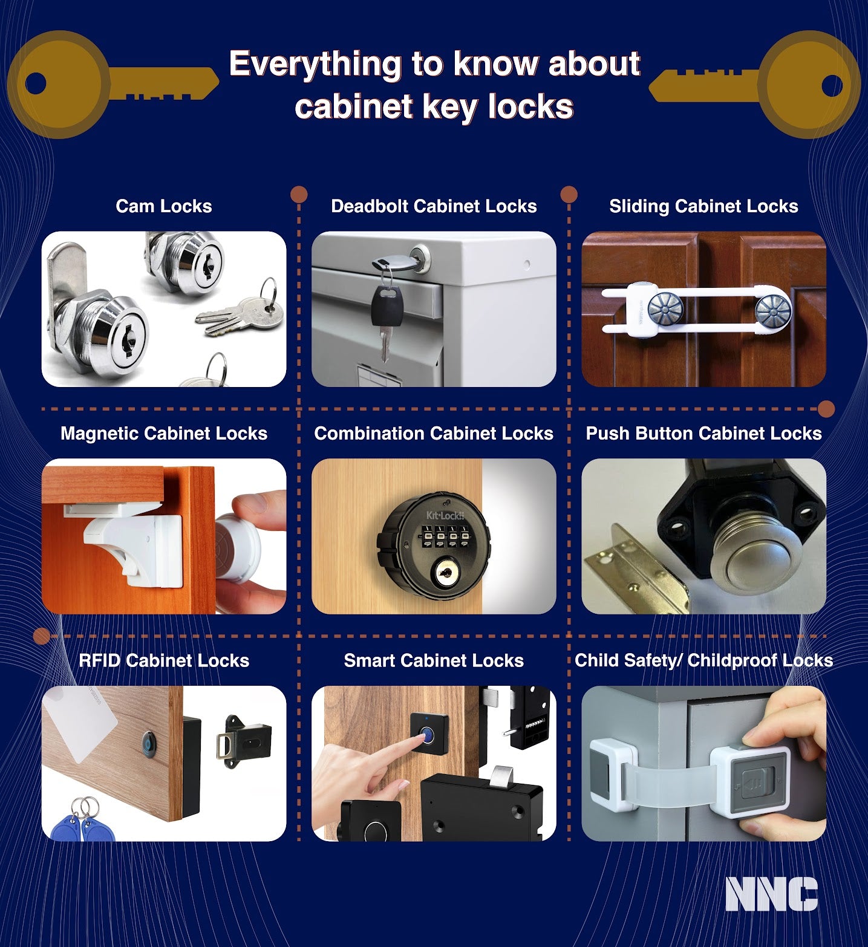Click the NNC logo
point(771,894)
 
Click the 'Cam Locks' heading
point(164,206)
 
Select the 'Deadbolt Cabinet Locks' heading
point(434,206)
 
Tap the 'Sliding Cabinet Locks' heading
point(703,206)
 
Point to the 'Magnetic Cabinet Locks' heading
point(164,434)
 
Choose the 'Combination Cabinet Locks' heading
point(434,434)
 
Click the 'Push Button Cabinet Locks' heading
point(703,434)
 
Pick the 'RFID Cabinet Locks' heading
point(164,660)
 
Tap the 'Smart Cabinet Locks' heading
point(434,660)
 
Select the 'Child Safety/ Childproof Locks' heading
point(703,660)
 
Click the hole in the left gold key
point(36,83)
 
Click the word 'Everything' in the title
point(315,64)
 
